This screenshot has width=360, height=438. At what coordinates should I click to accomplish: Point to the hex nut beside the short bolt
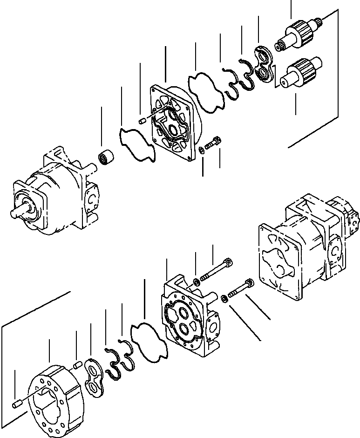coord(201,150)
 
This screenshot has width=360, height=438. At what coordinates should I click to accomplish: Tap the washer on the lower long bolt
coord(225,298)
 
